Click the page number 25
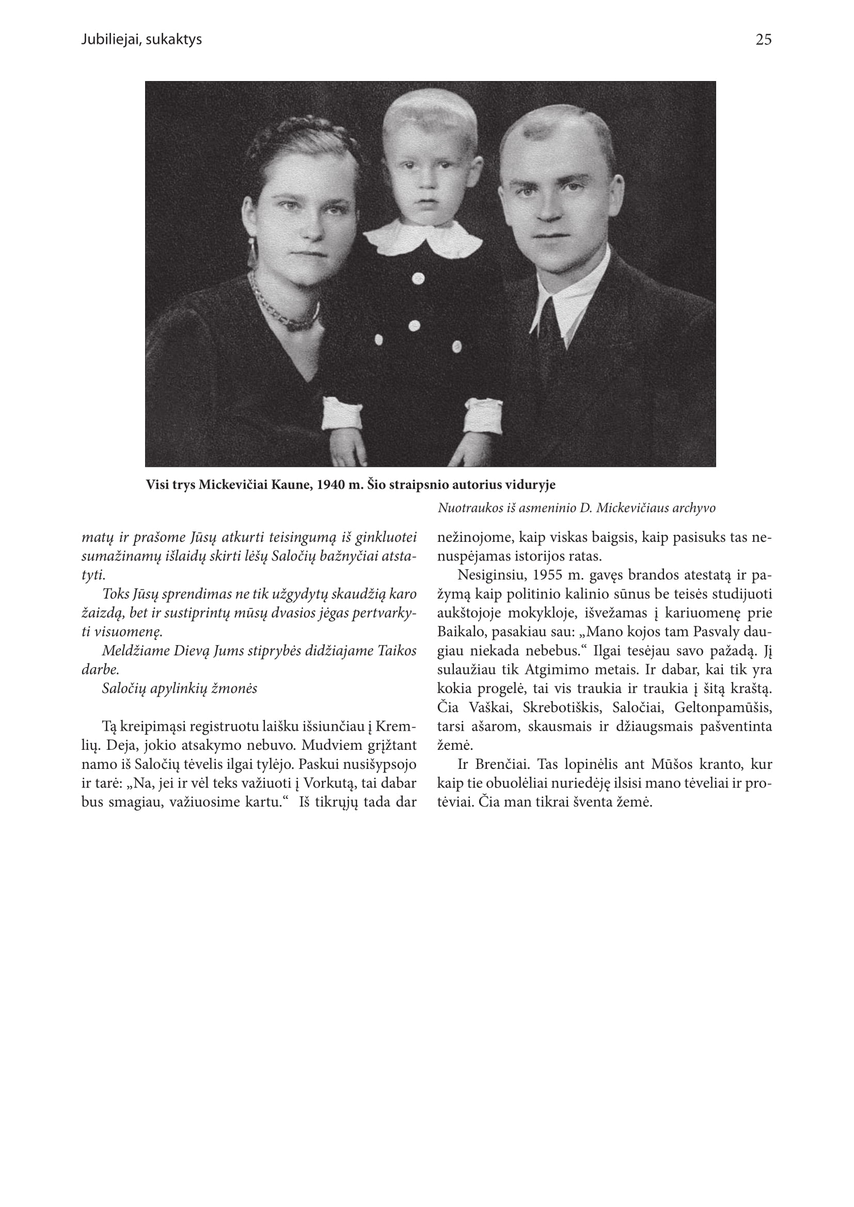(x=763, y=40)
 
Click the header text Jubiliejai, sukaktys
(x=141, y=40)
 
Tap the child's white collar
(x=423, y=239)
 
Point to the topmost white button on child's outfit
(x=418, y=279)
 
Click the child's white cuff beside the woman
(x=342, y=413)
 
